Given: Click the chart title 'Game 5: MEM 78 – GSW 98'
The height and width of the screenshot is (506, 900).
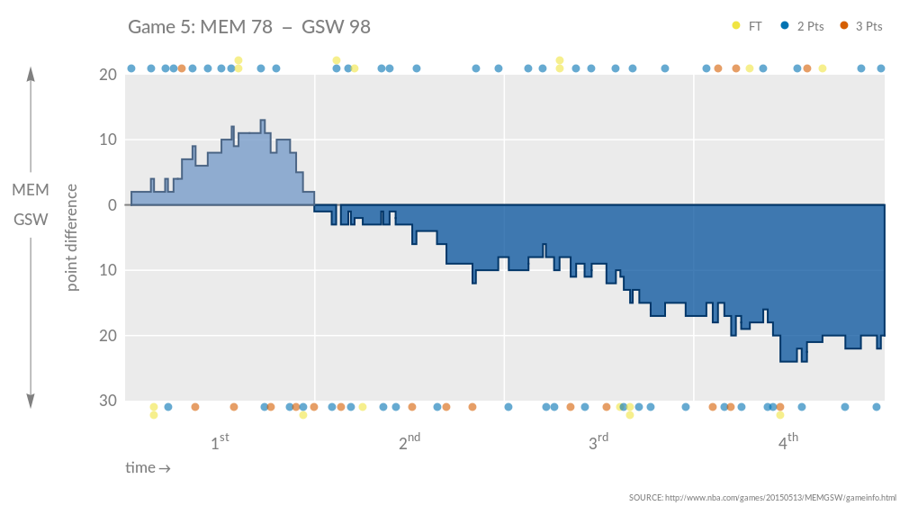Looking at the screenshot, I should point(249,27).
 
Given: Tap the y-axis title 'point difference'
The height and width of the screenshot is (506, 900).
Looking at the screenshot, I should point(72,238).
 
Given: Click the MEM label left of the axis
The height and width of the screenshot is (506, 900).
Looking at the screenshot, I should point(31,189).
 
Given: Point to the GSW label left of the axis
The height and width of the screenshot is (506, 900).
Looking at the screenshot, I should point(31,220).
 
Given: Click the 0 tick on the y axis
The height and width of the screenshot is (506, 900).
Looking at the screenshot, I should point(112,205).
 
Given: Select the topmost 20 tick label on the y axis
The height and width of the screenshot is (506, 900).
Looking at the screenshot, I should point(108,75).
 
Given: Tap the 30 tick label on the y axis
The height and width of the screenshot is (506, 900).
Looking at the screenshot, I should point(108,401).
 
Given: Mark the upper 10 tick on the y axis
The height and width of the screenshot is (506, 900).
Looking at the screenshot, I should point(108,140).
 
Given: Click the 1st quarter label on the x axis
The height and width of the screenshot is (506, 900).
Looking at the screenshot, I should point(219,442).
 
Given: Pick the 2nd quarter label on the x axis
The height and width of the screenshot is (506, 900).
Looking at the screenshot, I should point(409,442).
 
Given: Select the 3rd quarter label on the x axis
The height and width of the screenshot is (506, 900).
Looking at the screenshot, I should point(598,442).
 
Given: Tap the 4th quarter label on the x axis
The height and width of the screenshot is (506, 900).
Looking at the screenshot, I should point(787,442).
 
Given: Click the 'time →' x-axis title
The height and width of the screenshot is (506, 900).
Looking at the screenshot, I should point(148,468).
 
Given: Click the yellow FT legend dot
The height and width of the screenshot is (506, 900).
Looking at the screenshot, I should point(736,26).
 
